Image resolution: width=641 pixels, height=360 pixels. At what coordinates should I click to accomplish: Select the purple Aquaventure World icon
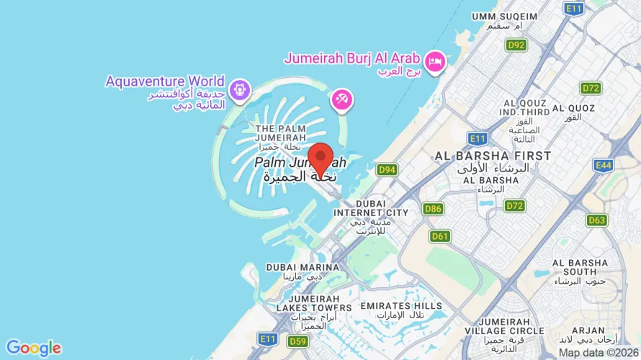pos(238,91)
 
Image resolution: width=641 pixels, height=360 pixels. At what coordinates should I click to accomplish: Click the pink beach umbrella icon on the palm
pos(341,100)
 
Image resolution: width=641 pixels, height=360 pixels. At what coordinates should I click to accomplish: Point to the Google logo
pos(33,348)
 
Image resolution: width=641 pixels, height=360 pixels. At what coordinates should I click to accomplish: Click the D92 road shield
pos(516,45)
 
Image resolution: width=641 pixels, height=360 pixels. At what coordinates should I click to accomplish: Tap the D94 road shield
pos(387,170)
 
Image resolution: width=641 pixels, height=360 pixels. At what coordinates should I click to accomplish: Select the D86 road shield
pos(433,209)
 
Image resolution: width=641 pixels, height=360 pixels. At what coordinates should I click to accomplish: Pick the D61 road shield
pos(440,236)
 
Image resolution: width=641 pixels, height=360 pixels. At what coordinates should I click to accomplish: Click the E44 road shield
pos(604,166)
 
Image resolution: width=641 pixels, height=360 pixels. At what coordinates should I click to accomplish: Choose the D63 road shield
pos(596,220)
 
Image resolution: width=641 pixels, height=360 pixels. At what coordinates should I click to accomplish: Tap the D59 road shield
pos(297,341)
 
